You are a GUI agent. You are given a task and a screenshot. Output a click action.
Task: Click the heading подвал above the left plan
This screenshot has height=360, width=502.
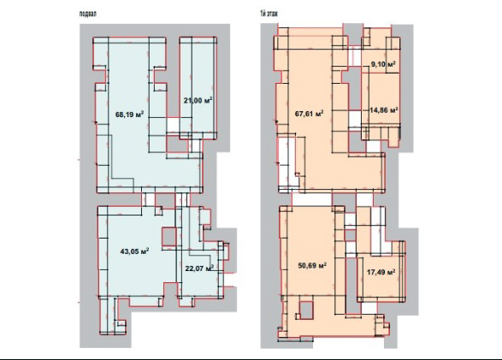point(88,14)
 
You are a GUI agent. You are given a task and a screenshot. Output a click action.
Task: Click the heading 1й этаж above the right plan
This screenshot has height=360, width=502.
point(269,14)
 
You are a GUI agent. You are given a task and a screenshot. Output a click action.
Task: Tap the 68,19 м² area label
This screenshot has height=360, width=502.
point(130,114)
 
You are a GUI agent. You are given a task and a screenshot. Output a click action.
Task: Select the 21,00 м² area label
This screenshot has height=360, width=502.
point(198,100)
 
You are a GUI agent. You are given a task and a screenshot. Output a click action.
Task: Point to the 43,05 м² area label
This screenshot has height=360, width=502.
point(134,251)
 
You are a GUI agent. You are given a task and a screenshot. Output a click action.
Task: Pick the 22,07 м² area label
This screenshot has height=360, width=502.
point(199,269)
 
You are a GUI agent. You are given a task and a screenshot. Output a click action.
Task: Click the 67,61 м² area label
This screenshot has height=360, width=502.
point(309,114)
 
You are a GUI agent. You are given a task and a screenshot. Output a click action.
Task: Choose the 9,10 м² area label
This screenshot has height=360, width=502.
point(383,64)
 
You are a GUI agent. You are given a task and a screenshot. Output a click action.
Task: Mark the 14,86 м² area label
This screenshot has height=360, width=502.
point(384,110)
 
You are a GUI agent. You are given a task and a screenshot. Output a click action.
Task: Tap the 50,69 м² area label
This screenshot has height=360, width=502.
point(312,265)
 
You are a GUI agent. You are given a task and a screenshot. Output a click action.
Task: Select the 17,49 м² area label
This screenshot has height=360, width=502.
point(381,272)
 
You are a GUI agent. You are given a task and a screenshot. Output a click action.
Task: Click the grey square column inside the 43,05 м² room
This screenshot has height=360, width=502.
point(168,237)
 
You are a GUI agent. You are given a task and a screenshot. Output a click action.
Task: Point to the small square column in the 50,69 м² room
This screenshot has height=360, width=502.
point(306,310)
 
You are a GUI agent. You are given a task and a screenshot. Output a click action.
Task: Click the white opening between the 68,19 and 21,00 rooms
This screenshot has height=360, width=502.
point(173,125)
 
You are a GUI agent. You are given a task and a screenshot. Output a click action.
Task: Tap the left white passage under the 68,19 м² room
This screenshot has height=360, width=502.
point(148,199)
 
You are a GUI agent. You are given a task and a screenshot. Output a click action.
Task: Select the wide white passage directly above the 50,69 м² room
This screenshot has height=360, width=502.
point(312,199)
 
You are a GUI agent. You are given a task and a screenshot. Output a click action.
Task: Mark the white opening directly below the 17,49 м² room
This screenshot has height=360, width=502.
point(369,308)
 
